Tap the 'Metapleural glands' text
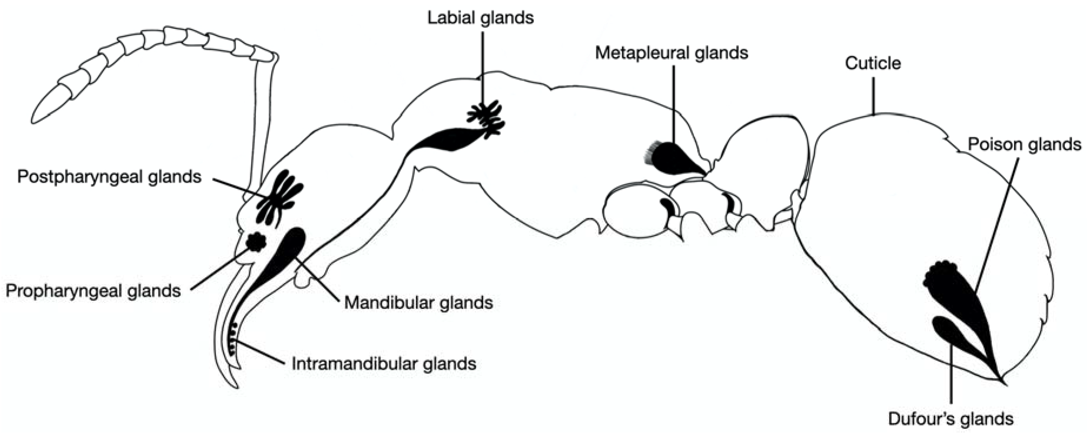click(672, 53)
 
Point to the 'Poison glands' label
click(1024, 145)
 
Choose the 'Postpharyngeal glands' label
click(109, 177)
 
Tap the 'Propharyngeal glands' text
click(93, 291)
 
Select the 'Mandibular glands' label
click(418, 303)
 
